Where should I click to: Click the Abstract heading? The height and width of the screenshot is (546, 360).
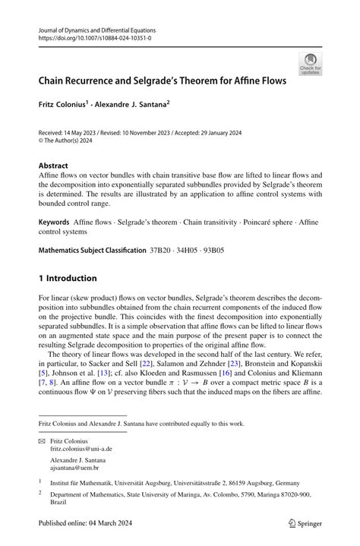click(x=53, y=166)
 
